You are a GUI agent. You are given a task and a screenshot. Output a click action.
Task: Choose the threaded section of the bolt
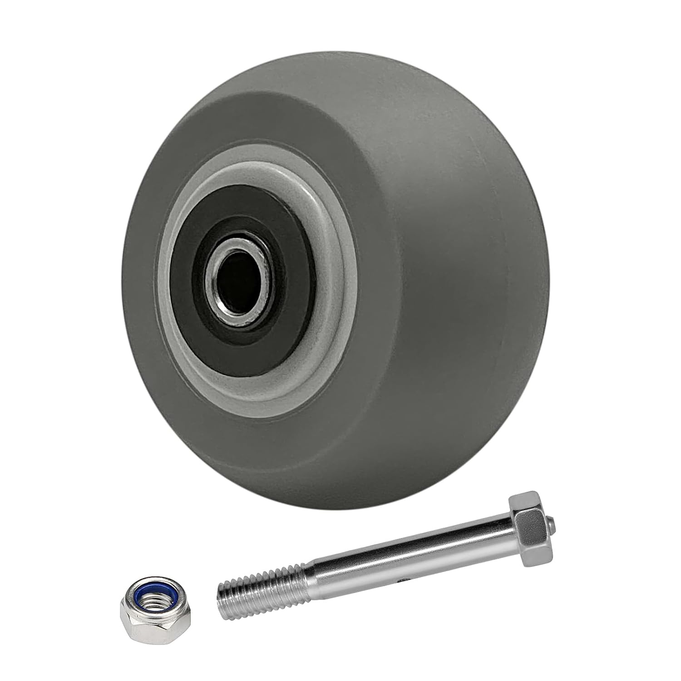pyautogui.click(x=263, y=595)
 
